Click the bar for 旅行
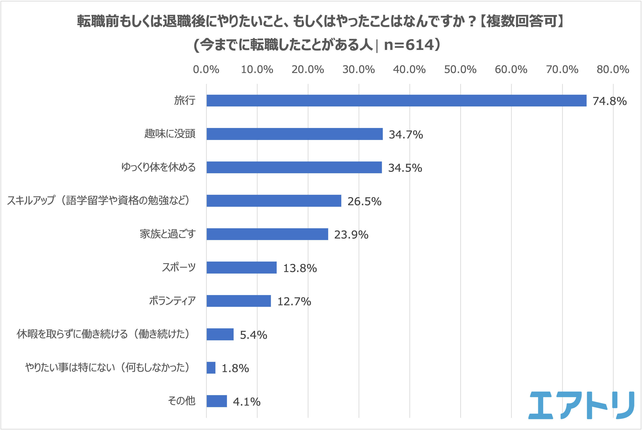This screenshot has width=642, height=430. click(x=396, y=101)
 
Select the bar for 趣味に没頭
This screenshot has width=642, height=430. click(x=294, y=134)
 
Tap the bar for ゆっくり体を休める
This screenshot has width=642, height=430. click(x=294, y=167)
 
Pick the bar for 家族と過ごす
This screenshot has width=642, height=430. click(x=267, y=234)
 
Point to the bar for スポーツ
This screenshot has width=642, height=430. click(x=242, y=268)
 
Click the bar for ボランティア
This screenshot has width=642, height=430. click(x=239, y=301)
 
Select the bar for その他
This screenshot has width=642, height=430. click(x=217, y=401)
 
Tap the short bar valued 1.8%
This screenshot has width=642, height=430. click(x=211, y=368)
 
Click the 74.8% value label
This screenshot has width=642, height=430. click(x=610, y=101)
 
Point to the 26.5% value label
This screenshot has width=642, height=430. click(x=364, y=201)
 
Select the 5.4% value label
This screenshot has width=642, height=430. click(x=253, y=335)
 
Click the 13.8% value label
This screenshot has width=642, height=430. click(x=300, y=268)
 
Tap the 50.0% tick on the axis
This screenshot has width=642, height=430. click(x=460, y=70)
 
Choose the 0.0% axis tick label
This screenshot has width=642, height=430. click(x=206, y=70)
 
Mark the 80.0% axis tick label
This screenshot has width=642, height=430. click(x=613, y=70)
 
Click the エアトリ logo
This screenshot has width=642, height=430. click(x=581, y=405)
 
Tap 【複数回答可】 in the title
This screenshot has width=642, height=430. click(x=521, y=21)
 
